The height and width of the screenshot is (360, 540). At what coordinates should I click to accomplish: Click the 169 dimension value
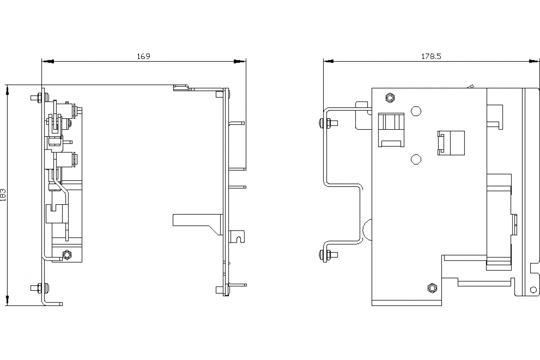[144, 56]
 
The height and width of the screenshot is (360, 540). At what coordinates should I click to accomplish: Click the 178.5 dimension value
[431, 56]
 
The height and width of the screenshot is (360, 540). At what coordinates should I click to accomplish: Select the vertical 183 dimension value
[3, 195]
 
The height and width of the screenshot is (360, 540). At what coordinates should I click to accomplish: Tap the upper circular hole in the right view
[416, 111]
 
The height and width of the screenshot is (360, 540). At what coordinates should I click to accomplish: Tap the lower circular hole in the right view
[416, 159]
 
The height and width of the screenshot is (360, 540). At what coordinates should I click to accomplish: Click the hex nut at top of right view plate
[390, 98]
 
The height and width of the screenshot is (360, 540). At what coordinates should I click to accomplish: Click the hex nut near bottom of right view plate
[432, 288]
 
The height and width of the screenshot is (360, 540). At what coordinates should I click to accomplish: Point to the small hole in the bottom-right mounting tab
[533, 289]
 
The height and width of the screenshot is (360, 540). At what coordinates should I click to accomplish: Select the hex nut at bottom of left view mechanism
[67, 255]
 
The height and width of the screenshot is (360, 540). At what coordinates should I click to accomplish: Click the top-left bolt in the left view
[40, 98]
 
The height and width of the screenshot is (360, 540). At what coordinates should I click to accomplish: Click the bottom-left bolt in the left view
[40, 288]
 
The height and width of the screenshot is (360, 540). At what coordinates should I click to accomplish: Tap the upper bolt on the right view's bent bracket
[328, 123]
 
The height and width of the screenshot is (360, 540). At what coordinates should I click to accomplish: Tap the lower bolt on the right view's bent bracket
[328, 255]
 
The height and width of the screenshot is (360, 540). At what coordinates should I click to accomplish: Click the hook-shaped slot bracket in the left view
[237, 237]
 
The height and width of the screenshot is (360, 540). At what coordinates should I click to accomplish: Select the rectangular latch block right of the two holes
[451, 143]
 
